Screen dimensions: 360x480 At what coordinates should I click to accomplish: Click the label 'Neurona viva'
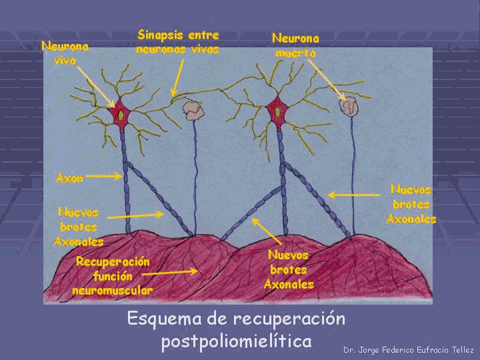[65, 53]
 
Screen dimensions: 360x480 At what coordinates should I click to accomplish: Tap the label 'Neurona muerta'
[295, 45]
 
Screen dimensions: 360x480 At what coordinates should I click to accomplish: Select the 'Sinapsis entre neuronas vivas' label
[177, 41]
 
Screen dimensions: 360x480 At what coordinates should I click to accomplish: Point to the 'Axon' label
[69, 178]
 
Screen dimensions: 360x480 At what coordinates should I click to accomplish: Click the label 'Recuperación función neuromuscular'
[113, 276]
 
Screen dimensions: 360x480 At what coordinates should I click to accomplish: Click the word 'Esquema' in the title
[159, 319]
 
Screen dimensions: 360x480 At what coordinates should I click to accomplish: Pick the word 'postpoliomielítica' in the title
[236, 342]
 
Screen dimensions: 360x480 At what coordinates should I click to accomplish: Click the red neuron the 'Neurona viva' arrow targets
[121, 113]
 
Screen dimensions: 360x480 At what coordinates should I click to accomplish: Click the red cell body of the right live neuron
[277, 111]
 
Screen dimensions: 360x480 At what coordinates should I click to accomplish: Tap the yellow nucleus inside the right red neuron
[276, 112]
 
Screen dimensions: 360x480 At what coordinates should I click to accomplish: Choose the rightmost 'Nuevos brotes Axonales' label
[411, 204]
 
